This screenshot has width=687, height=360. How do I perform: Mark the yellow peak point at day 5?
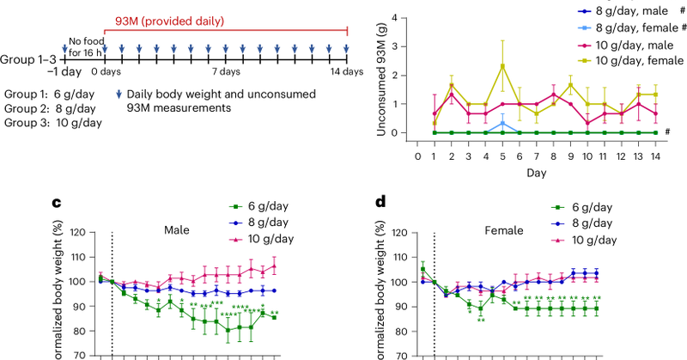click(502, 65)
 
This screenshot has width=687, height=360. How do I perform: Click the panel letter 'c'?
click(56, 203)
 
